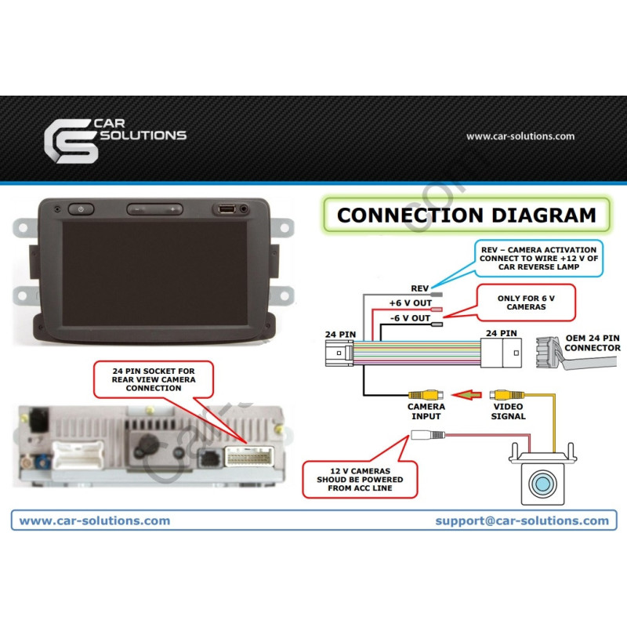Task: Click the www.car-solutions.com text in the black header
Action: [520, 136]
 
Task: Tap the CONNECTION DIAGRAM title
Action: [466, 215]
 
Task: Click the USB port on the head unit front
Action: [227, 209]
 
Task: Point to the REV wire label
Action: [420, 288]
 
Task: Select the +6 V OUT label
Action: [410, 303]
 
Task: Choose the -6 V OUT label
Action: [410, 318]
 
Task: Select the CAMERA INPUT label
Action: [426, 411]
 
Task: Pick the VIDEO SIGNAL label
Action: [509, 411]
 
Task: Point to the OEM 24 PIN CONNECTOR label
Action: [593, 342]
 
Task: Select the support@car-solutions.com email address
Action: [522, 520]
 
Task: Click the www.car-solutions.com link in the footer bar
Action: [94, 520]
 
